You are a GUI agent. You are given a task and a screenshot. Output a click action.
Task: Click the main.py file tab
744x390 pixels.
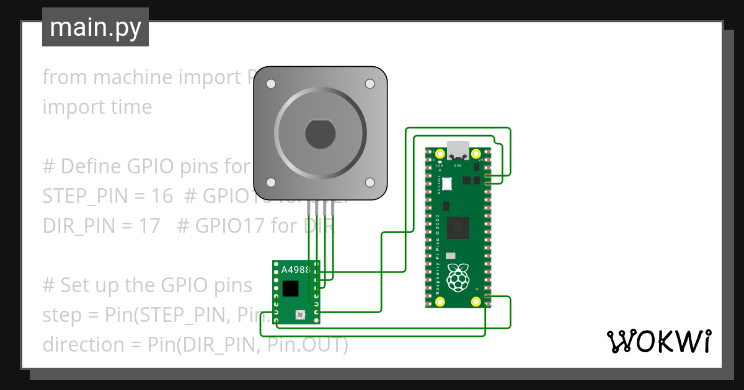click(x=95, y=27)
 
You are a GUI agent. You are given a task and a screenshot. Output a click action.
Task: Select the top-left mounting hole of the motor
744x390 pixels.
click(x=271, y=84)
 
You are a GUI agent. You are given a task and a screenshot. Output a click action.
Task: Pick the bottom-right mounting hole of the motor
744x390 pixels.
click(x=370, y=182)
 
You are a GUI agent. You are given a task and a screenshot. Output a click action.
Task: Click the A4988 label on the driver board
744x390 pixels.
click(x=296, y=270)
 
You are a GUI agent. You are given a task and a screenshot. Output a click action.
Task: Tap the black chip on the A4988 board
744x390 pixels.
click(x=290, y=288)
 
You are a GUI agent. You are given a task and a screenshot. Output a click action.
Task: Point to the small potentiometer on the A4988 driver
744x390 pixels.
click(x=300, y=315)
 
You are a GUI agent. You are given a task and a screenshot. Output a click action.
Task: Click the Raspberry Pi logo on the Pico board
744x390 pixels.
click(x=458, y=277)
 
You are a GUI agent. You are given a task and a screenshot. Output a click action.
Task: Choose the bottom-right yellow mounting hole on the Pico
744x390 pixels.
click(x=476, y=301)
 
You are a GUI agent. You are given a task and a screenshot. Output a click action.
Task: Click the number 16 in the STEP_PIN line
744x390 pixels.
click(x=162, y=196)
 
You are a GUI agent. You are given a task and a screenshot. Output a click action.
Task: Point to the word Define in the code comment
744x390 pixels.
click(x=92, y=167)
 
